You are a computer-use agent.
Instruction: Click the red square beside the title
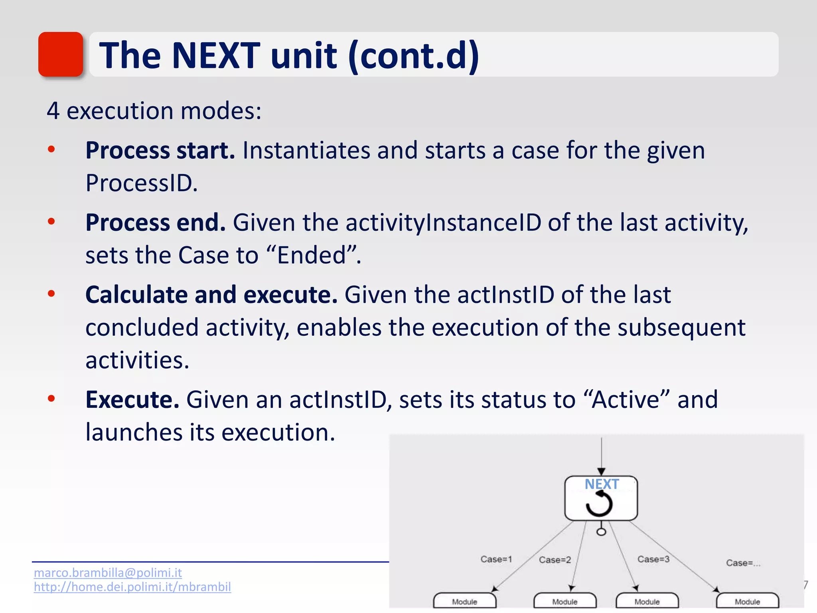61,54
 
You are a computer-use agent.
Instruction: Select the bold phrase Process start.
160,150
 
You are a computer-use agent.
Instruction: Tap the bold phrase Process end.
156,222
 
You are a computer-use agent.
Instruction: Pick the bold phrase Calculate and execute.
211,295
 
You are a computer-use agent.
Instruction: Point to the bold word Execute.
132,399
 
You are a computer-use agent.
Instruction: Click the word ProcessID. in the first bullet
142,183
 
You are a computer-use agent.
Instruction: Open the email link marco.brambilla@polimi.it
108,573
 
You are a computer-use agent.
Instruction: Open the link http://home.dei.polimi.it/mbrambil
132,587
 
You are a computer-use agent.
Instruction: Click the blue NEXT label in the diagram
602,484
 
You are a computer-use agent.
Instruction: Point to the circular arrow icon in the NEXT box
599,504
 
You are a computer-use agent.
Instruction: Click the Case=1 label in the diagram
496,559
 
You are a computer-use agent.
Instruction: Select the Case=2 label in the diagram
555,560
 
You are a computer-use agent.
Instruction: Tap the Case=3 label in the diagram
653,559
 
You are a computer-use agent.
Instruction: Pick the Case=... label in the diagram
743,563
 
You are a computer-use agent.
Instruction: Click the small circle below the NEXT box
601,532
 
